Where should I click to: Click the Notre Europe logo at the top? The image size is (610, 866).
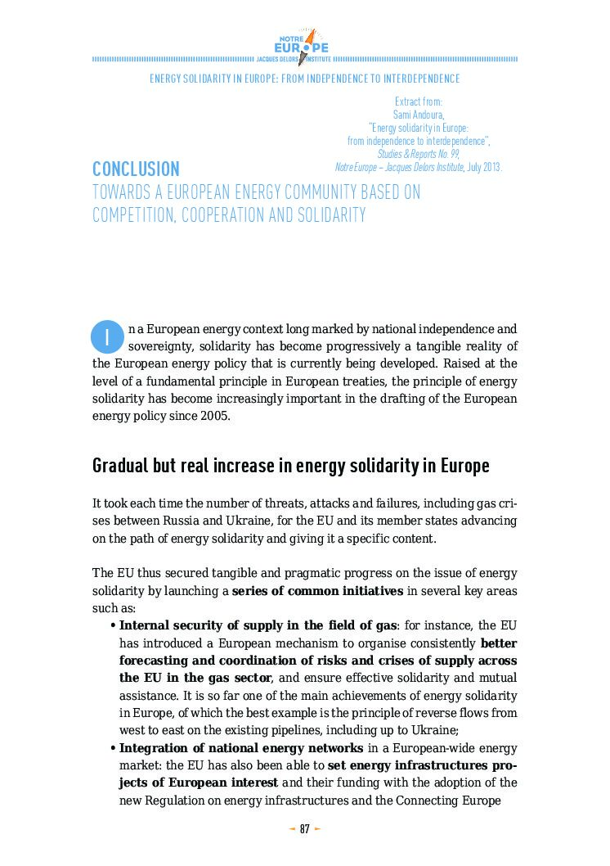[304, 46]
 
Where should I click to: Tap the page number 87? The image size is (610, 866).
[304, 829]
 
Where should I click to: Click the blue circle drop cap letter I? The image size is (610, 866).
[106, 337]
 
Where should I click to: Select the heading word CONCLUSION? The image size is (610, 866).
[136, 169]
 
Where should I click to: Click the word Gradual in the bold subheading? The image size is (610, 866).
[119, 467]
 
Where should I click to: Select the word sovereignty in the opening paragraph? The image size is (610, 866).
[160, 346]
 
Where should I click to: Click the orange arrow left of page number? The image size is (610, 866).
[292, 829]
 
